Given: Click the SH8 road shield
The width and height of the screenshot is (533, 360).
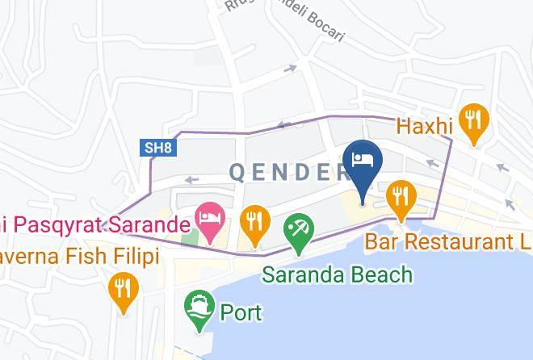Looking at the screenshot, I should [x=157, y=148].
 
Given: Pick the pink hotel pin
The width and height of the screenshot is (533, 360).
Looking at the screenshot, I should [x=211, y=220].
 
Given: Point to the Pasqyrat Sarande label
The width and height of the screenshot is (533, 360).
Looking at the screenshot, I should [x=89, y=220].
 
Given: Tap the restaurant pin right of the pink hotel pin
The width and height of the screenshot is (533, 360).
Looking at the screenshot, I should [x=255, y=224].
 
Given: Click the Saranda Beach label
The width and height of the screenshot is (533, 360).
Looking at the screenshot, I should [x=338, y=274].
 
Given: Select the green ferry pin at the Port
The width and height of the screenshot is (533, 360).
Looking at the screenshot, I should [x=198, y=309].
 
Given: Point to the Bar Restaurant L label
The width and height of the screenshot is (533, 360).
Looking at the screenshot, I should [x=448, y=241].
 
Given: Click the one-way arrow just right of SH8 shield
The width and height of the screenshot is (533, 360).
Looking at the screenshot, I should [x=191, y=179].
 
